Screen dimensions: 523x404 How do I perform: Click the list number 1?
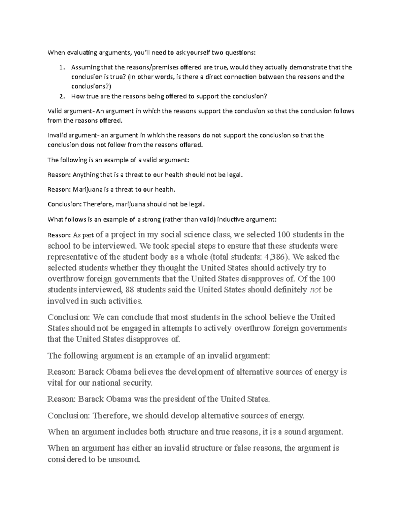click(x=61, y=67)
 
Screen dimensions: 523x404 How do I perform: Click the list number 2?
click(x=61, y=96)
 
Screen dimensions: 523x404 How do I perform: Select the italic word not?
click(x=315, y=290)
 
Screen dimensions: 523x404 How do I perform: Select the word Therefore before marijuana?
click(x=98, y=204)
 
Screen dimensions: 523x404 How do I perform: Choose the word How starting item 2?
click(x=76, y=96)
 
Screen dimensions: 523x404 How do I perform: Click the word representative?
click(x=70, y=257)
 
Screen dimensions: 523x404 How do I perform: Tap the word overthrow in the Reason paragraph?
click(x=65, y=279)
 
